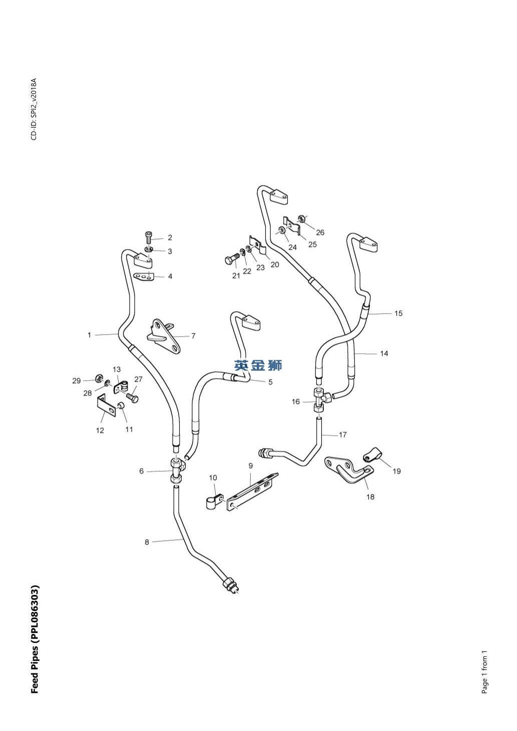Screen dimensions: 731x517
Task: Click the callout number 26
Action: tap(320, 232)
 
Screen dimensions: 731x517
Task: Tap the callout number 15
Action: tap(398, 314)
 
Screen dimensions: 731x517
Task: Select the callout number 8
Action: tap(147, 542)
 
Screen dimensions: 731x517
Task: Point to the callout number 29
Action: tap(76, 381)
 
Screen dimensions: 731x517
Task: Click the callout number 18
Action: tap(370, 497)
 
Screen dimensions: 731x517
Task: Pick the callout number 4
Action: tap(170, 276)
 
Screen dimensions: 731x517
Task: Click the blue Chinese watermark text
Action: tap(258, 366)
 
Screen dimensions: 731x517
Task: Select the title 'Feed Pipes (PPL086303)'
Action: tap(35, 639)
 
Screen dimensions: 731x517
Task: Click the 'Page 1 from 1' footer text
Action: tap(484, 672)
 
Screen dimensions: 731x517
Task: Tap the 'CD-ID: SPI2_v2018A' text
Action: tap(34, 109)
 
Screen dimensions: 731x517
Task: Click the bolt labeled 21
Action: tap(230, 260)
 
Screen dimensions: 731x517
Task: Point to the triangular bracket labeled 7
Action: tap(163, 336)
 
